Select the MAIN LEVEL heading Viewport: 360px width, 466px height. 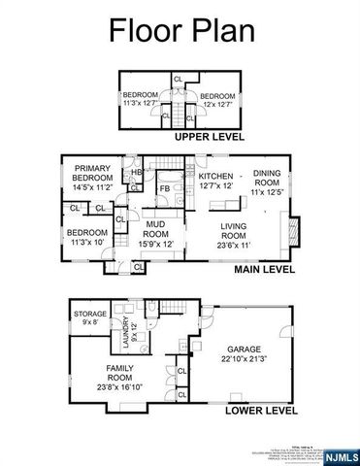click(x=264, y=271)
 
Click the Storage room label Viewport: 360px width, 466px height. click(x=89, y=317)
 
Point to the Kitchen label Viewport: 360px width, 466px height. click(x=215, y=180)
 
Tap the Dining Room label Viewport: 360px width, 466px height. click(x=267, y=180)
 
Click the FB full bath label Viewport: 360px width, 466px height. click(x=166, y=187)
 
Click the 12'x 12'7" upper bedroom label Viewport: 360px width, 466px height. click(x=217, y=100)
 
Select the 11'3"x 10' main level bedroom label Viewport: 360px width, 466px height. click(x=86, y=238)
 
